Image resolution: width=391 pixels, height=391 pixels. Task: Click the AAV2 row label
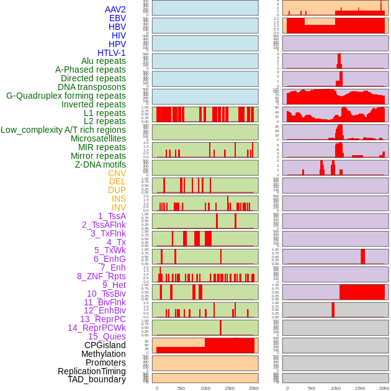coord(115,9)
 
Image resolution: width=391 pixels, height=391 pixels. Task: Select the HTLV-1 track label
coord(112,53)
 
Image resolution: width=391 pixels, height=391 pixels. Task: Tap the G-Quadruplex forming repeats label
coord(66,96)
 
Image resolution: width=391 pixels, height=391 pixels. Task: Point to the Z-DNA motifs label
coord(101,164)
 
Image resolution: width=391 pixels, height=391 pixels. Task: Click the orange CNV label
coord(117,173)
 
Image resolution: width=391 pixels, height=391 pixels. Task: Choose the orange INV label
coord(119,207)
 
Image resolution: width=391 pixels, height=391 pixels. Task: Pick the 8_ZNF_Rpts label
coord(101,276)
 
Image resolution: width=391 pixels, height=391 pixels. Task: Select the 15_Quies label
coord(107,336)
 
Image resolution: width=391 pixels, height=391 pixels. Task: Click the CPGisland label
coord(105,345)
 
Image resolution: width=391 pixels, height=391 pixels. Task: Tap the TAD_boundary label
coord(97,379)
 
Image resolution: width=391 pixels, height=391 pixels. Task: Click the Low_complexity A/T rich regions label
coord(63,130)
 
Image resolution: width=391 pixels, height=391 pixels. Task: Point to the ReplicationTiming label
coord(92,371)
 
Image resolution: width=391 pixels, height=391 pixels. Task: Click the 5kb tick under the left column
coord(181,388)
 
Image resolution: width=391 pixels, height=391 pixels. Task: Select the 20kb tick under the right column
coord(384,388)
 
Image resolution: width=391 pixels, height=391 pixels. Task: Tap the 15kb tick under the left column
coord(230,388)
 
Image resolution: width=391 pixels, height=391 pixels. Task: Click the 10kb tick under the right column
coord(336,388)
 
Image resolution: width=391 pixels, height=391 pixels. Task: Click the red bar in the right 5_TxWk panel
coord(363,256)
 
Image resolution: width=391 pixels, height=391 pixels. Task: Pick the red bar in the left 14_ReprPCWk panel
coord(220,328)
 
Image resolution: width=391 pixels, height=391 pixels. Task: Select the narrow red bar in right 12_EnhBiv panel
coord(333,310)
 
